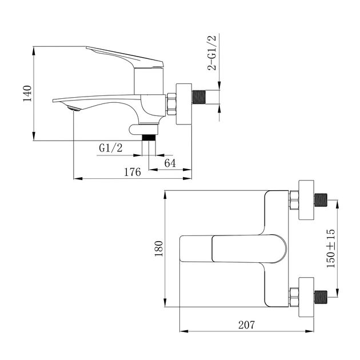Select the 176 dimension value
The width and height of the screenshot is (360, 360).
pos(132,172)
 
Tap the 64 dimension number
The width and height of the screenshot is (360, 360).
pos(169,163)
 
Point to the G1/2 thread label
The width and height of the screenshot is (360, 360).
pos(111,147)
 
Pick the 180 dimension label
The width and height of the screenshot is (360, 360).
pos(159,247)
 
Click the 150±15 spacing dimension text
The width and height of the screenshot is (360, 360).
pos(330,250)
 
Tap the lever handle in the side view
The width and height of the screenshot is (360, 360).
pos(126,57)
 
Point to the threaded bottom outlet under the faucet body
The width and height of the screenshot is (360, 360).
pos(149,137)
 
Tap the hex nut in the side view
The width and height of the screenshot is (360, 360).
pos(170,103)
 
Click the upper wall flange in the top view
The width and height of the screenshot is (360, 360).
pos(306,200)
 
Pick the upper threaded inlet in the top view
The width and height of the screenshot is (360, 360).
pos(321,201)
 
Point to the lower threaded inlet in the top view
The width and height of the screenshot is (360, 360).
pos(321,295)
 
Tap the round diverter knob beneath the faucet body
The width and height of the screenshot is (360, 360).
pos(138,129)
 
